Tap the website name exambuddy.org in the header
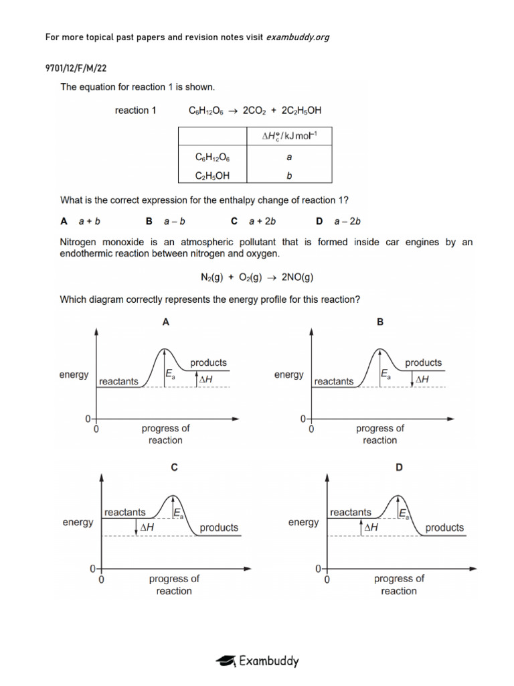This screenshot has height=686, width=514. [298, 37]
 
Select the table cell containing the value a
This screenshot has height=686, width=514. [288, 157]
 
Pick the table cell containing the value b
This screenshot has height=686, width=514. [288, 176]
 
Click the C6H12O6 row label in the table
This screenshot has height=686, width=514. [211, 157]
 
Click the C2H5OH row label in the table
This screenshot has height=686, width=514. [211, 176]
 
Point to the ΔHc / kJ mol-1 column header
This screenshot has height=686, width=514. [288, 137]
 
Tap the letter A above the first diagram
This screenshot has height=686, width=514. [166, 322]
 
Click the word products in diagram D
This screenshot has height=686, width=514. [444, 528]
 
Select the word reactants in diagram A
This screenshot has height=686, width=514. [118, 381]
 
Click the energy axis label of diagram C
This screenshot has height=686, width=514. [78, 523]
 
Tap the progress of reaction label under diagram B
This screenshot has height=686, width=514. [379, 434]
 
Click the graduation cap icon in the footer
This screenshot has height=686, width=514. [225, 661]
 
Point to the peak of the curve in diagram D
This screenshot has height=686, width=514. [399, 496]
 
